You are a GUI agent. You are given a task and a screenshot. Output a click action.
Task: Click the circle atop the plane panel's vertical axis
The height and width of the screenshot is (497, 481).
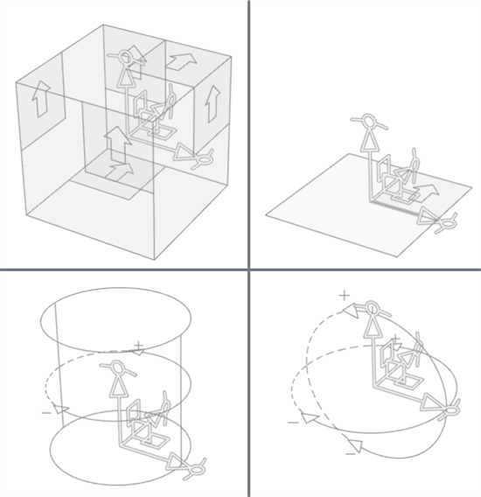click(369, 120)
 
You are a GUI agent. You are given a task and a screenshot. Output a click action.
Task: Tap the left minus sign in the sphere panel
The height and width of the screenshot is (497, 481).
click(293, 423)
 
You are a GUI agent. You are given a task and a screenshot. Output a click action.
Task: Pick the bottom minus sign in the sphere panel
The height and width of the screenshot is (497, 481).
click(350, 452)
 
